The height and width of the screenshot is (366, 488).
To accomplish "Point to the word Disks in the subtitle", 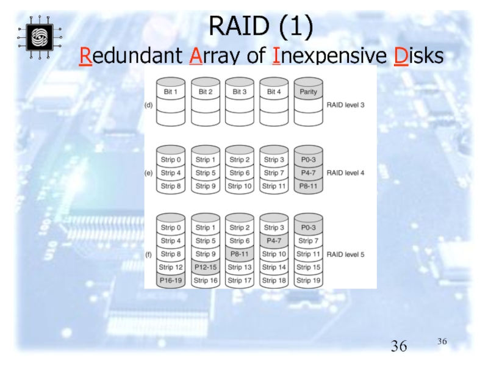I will point(418,57).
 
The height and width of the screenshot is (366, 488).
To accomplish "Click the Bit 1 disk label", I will point(171,91).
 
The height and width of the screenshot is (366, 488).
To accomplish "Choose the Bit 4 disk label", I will point(273,91).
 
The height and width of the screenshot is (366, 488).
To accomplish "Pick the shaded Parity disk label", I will point(307,91).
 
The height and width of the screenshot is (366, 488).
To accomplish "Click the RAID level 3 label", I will point(346,105).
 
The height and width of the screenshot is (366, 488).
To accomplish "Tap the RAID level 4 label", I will point(346,173).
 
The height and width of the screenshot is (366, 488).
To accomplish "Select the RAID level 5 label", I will point(346,254).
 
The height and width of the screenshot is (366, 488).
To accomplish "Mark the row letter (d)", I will point(148,105).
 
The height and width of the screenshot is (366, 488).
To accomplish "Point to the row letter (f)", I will point(148,254).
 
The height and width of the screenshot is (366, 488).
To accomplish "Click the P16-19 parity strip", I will point(171,281).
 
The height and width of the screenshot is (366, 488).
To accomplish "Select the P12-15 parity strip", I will point(205,267).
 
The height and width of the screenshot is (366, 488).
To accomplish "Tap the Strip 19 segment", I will point(307,281).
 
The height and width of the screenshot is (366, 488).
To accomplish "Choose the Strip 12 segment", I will point(171,267).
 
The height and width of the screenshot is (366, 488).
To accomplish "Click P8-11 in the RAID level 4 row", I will point(307,186).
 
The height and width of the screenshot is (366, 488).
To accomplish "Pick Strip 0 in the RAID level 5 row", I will point(171,228).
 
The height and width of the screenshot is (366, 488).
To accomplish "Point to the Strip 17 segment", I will point(239,281).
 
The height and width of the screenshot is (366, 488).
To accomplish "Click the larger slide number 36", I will point(399,347).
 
